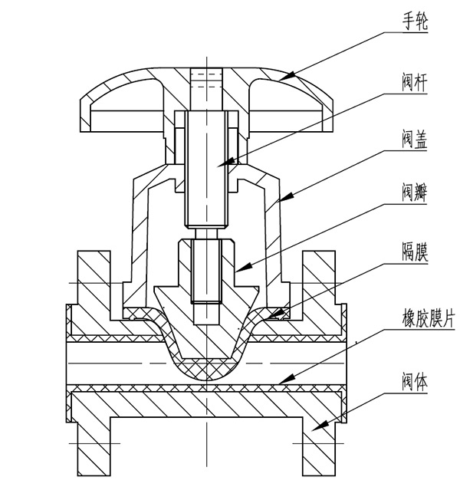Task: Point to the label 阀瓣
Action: (x=415, y=196)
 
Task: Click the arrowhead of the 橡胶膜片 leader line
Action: (x=280, y=381)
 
